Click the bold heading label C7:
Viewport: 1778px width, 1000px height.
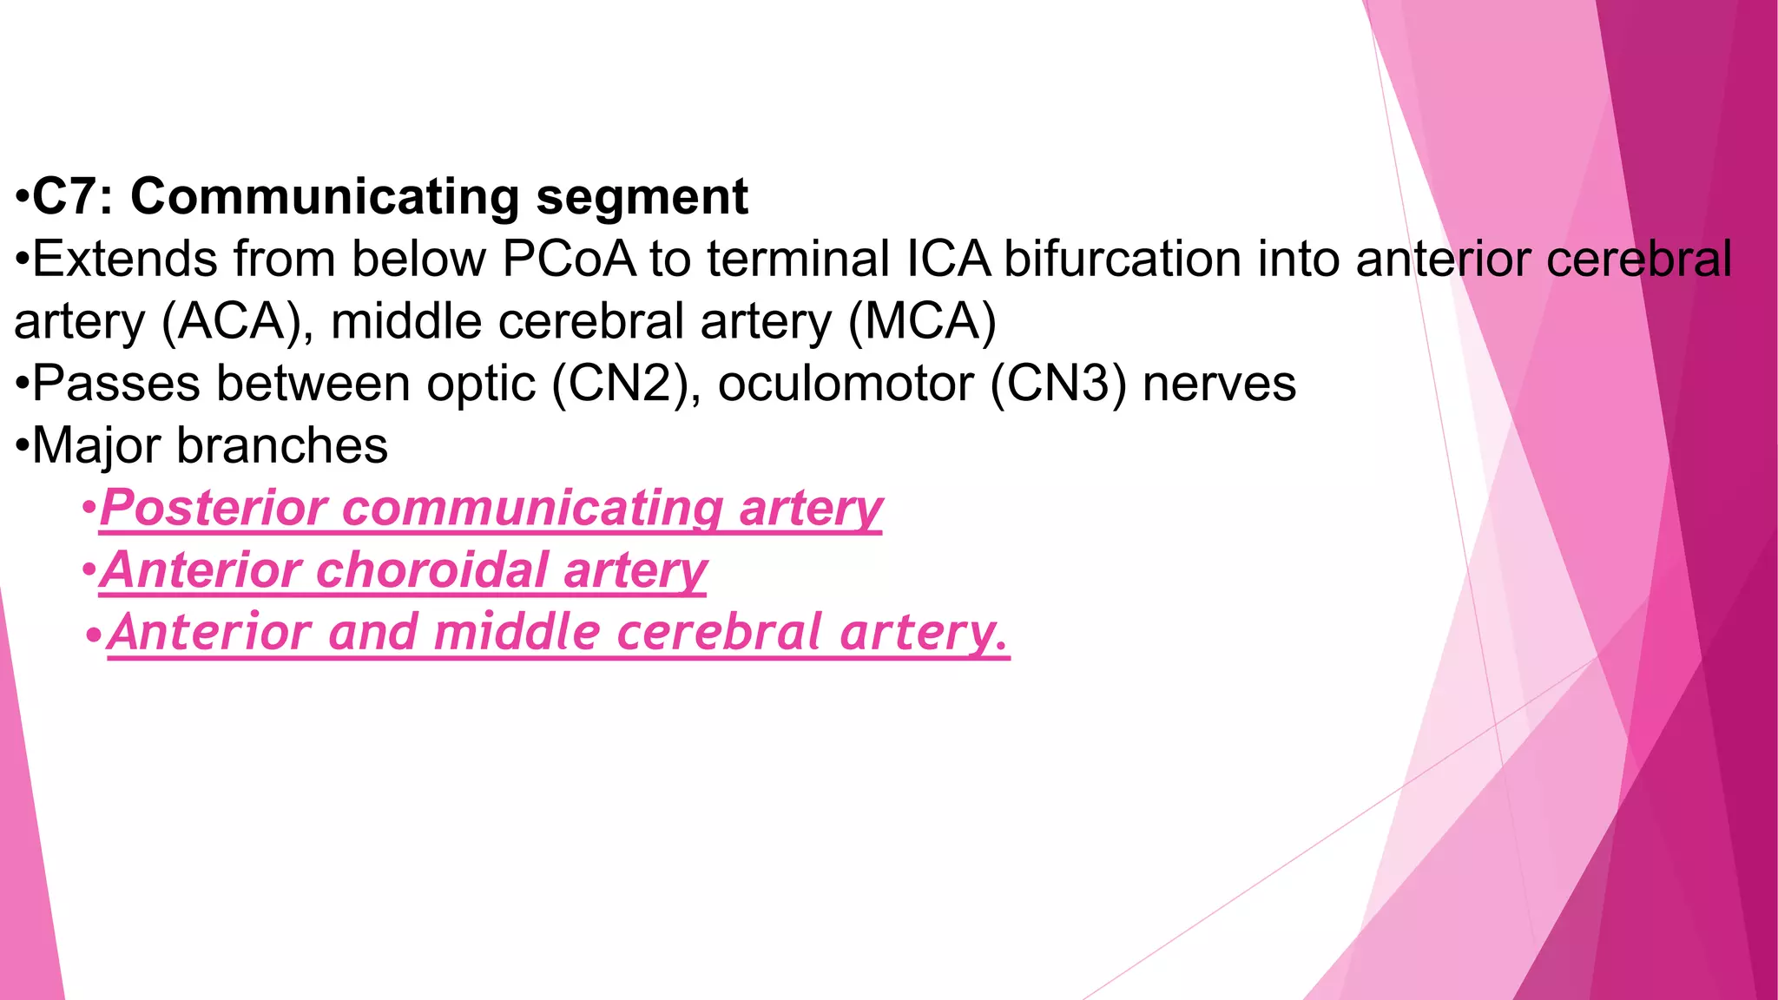pos(73,196)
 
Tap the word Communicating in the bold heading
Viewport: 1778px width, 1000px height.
pos(325,196)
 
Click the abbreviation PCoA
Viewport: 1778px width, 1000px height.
pos(569,259)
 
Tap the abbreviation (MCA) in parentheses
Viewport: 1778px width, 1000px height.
pos(922,321)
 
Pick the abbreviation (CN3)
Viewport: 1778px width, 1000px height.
pos(1058,384)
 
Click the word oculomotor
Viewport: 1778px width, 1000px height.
pos(846,384)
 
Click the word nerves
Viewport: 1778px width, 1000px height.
pos(1219,384)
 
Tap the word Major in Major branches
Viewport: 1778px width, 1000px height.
pos(96,446)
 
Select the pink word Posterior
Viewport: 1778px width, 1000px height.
pos(213,508)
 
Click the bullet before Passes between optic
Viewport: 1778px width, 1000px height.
pos(22,384)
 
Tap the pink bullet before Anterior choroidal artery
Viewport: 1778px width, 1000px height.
pos(89,571)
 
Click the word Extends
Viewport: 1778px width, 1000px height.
pos(125,259)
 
